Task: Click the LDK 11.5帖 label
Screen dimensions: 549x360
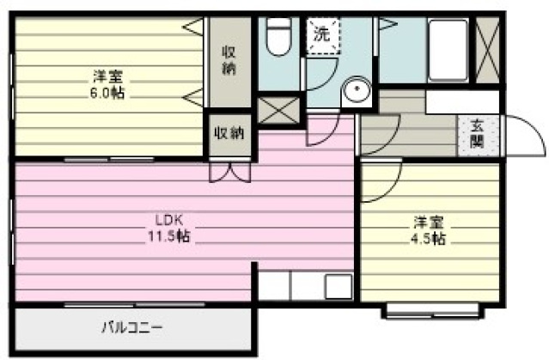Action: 169,229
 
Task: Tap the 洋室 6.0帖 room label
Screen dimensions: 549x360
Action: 107,84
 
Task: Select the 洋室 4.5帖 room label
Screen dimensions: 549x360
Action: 428,230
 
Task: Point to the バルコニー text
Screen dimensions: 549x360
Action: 132,328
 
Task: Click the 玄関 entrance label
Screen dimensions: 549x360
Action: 477,133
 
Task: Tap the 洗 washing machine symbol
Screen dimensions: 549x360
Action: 323,35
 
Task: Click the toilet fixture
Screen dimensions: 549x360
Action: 278,36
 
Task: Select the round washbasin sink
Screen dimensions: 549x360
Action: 356,89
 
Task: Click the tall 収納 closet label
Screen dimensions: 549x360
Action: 229,60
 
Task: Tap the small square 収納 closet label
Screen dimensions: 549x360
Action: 229,133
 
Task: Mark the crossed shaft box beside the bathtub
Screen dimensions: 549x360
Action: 488,50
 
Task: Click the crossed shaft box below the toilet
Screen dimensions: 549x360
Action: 278,111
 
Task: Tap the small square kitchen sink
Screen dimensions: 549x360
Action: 339,287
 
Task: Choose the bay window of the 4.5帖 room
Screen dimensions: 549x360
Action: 433,311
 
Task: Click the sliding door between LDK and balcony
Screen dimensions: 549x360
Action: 134,305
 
